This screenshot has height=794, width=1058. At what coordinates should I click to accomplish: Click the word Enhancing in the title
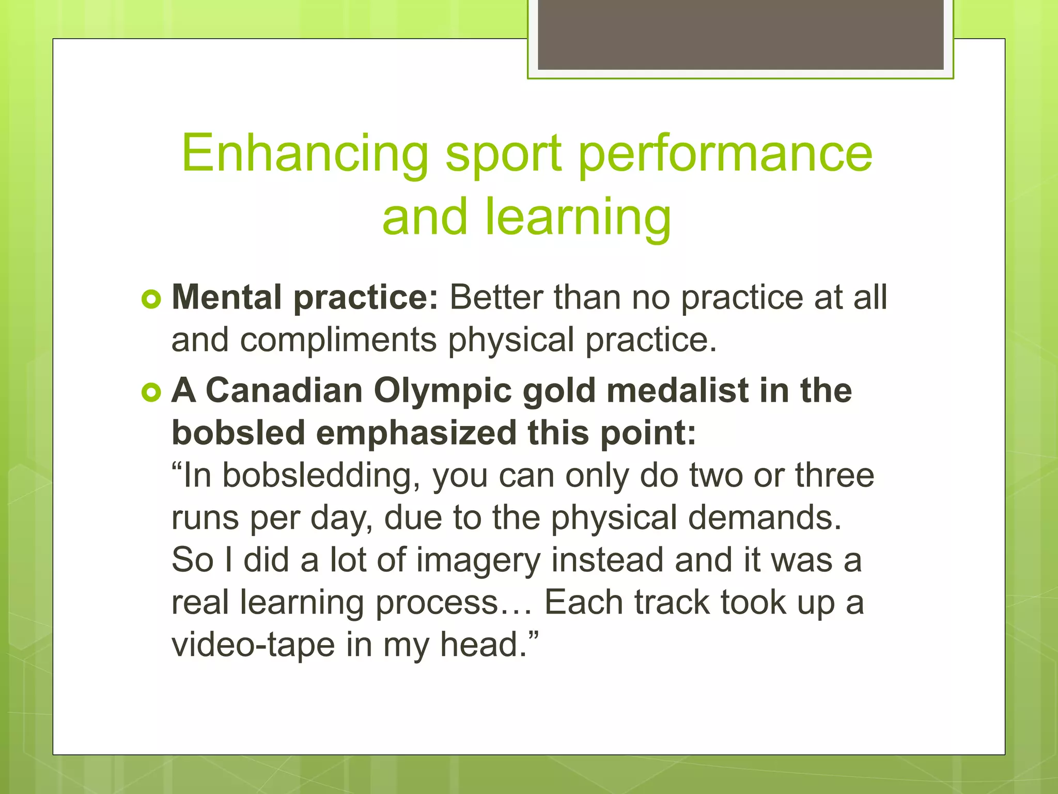(x=305, y=154)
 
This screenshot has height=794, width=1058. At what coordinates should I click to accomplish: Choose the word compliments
(x=338, y=340)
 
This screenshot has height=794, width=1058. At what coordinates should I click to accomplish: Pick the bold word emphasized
(x=416, y=433)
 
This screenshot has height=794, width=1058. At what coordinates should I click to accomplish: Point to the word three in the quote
(x=834, y=476)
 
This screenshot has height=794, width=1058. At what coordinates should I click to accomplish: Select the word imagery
(x=478, y=561)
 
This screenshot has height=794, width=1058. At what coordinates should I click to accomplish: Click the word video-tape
(x=253, y=645)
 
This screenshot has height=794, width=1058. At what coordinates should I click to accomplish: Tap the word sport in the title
(x=503, y=154)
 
